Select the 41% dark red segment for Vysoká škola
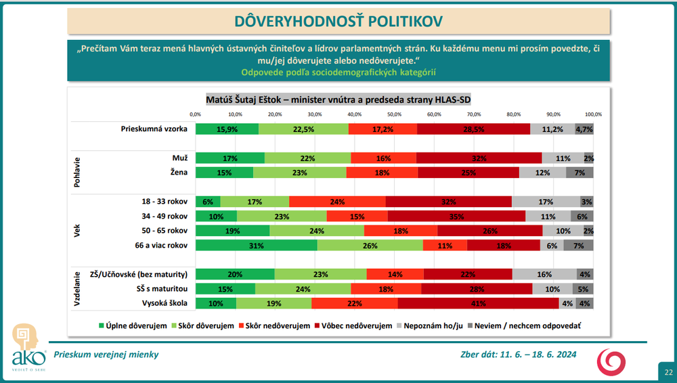click(x=478, y=303)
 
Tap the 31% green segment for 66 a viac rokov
click(x=257, y=245)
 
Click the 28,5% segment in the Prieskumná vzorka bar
click(x=473, y=129)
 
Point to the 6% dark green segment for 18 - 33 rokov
click(x=208, y=201)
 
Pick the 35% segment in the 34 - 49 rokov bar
click(x=456, y=216)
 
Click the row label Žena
click(x=178, y=173)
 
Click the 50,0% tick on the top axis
click(x=394, y=114)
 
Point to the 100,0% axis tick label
click(x=593, y=114)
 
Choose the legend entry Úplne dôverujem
click(x=133, y=325)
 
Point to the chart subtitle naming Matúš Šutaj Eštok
click(x=338, y=99)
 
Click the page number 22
click(x=668, y=372)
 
